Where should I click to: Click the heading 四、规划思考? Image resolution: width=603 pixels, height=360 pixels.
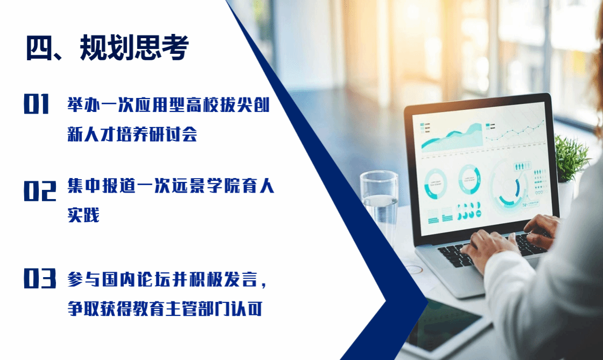[x=107, y=48]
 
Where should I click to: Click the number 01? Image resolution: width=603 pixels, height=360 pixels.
[x=37, y=104]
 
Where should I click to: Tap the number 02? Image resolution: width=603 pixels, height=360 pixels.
[x=40, y=191]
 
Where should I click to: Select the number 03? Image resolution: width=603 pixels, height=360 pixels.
[x=40, y=278]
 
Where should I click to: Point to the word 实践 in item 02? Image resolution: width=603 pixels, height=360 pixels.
[x=83, y=215]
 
